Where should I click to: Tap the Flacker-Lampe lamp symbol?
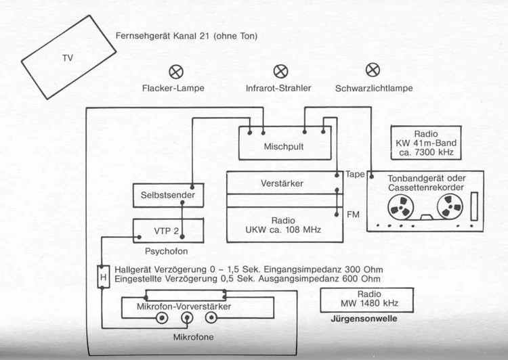[176, 72]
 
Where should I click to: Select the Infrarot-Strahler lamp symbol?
[280, 71]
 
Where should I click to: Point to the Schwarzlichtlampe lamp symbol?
[373, 70]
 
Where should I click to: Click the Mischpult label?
[284, 147]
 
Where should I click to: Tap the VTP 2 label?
[166, 231]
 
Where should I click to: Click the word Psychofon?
[166, 251]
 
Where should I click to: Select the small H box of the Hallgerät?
[104, 277]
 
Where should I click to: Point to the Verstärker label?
[282, 183]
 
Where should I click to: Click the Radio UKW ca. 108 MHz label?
[283, 225]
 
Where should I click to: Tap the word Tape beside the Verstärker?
[355, 175]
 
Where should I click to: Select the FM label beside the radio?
[353, 215]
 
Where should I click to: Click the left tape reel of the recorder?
[401, 207]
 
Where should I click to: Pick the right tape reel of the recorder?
[450, 206]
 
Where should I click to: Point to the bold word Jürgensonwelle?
[364, 319]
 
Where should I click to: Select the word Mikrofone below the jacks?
[194, 337]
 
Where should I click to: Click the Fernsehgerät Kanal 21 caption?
[187, 36]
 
